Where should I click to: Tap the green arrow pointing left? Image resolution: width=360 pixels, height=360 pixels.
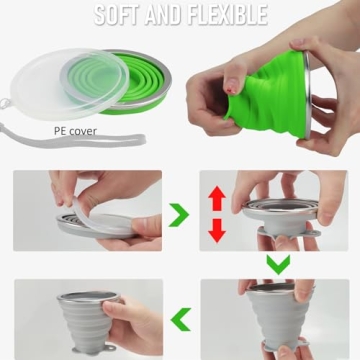click(180, 319)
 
